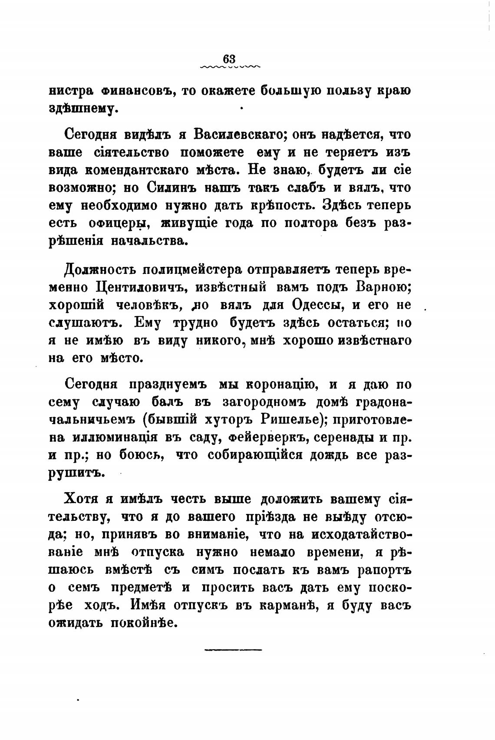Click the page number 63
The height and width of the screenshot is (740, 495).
(229, 58)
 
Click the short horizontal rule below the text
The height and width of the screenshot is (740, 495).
(233, 650)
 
